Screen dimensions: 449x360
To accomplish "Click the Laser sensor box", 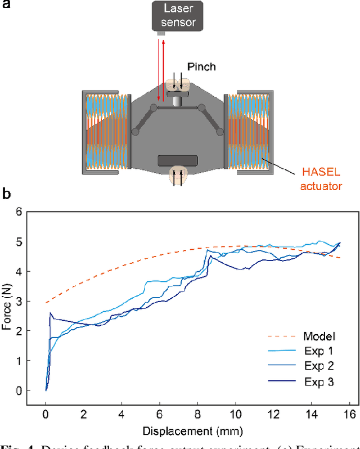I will pyautogui.click(x=179, y=16).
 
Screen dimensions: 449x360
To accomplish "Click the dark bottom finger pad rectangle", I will pyautogui.click(x=178, y=160).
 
